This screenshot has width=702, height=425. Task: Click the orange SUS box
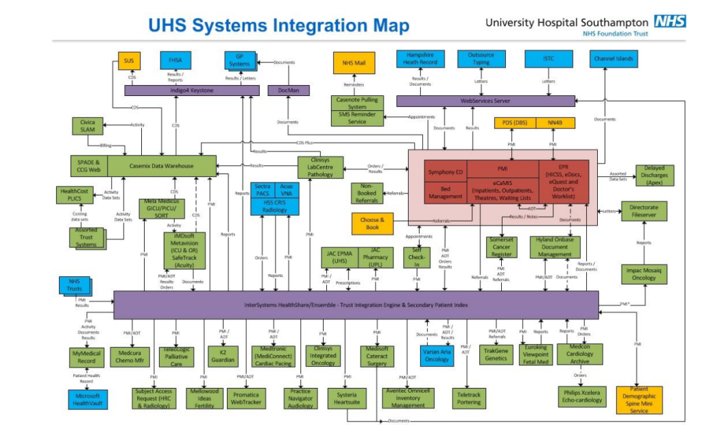click(128, 61)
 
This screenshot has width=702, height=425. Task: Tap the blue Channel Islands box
click(614, 60)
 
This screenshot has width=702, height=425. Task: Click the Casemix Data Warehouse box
click(162, 166)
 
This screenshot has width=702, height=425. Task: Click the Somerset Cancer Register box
click(501, 247)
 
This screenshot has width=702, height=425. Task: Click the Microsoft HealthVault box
click(87, 399)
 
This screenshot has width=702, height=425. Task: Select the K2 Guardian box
click(223, 356)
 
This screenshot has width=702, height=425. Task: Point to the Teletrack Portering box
click(470, 398)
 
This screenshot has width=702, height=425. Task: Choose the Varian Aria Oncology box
click(436, 354)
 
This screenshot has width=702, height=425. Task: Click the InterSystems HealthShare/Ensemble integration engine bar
click(356, 304)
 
